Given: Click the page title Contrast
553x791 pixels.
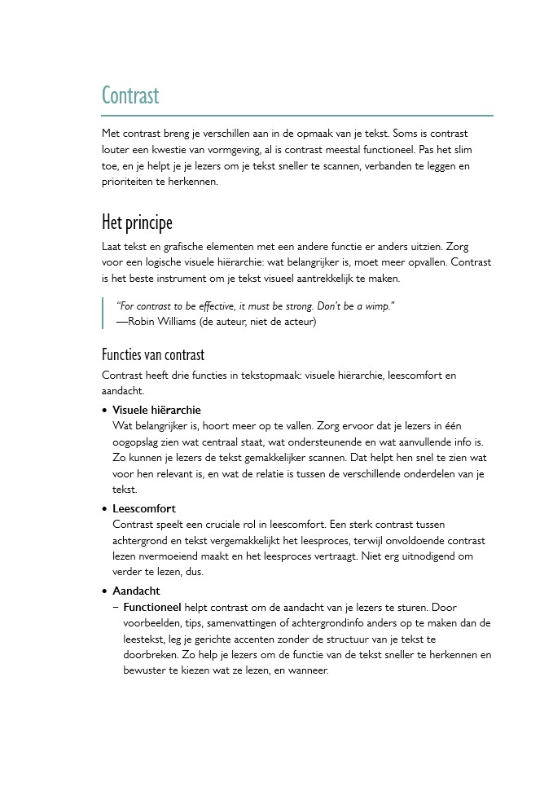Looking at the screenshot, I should pyautogui.click(x=130, y=96).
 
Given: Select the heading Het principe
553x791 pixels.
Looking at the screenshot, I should pyautogui.click(x=137, y=222).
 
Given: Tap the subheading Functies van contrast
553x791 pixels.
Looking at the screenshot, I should pyautogui.click(x=153, y=354).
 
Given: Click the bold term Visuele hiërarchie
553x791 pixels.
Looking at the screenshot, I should pyautogui.click(x=156, y=410).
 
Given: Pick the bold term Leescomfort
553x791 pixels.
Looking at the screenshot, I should pyautogui.click(x=144, y=509).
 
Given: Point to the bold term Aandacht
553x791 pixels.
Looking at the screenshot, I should pyautogui.click(x=136, y=591).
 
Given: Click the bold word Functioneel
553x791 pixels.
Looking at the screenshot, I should pyautogui.click(x=151, y=608).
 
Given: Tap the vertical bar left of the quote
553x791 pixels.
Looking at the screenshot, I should pyautogui.click(x=103, y=314).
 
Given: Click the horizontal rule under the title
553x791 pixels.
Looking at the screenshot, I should pyautogui.click(x=297, y=116).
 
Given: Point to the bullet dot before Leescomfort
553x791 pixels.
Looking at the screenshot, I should pyautogui.click(x=104, y=510).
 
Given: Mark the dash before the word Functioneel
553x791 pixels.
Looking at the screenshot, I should pyautogui.click(x=116, y=608).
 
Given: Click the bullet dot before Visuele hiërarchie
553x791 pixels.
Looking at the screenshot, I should pyautogui.click(x=104, y=411).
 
